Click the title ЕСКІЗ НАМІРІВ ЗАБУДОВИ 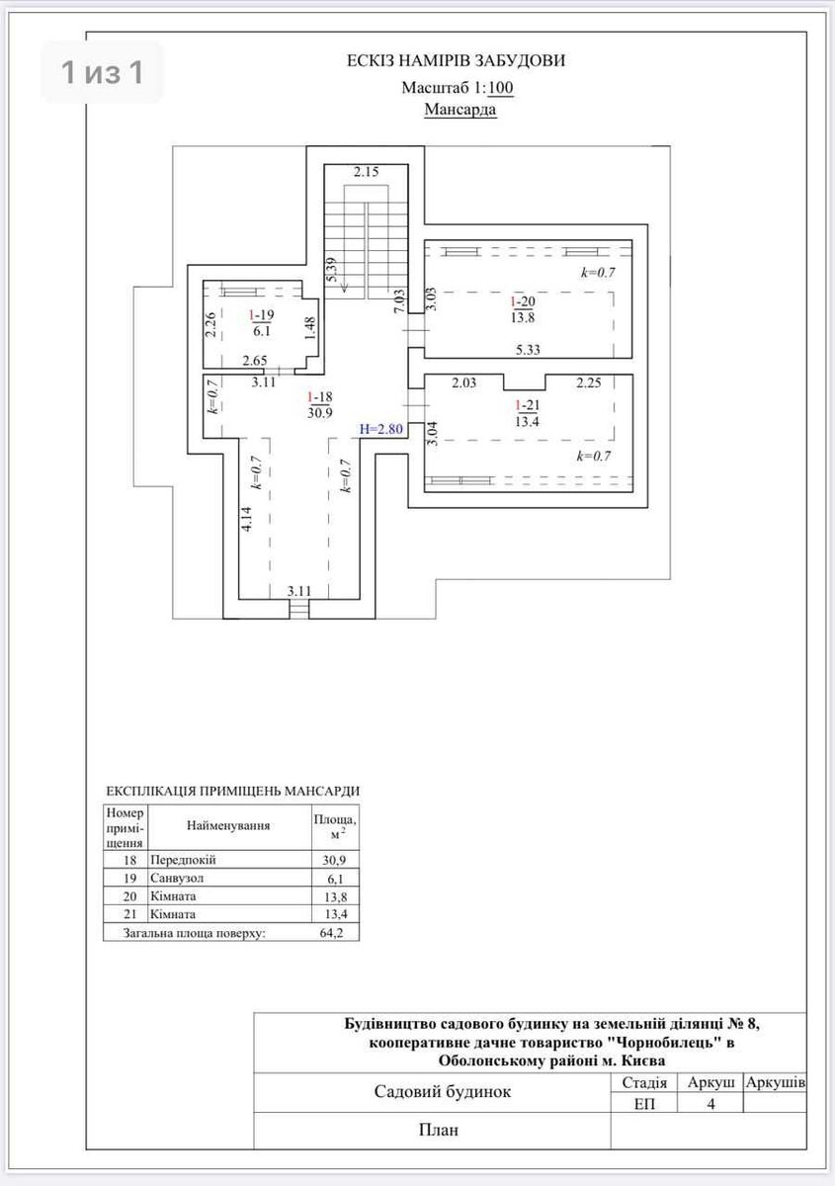pos(456,61)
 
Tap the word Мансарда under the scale pos(460,109)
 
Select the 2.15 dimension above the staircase pos(367,172)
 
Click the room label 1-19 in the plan pos(262,315)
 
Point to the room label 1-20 pos(523,301)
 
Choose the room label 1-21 pos(527,405)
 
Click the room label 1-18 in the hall pos(320,396)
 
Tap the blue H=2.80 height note pos(381,429)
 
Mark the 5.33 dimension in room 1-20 pos(528,350)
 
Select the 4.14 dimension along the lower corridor pos(246,519)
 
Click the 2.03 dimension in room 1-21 pos(463,382)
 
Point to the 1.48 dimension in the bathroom pos(311,328)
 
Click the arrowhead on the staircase pos(344,288)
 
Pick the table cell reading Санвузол pos(177,878)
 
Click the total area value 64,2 pos(331,932)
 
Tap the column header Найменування pos(228,825)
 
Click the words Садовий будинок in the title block pos(443,1091)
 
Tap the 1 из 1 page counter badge pos(102,72)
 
